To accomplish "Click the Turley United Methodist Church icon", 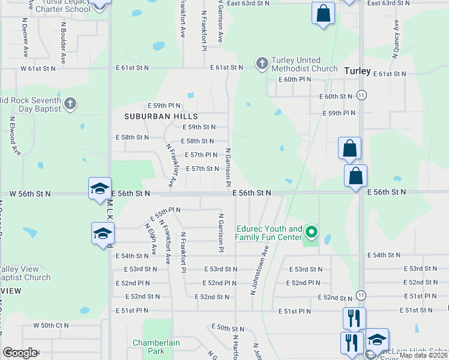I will click(262, 63).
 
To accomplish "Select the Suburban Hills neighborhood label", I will click(152, 115).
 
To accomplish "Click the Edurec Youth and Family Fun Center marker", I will click(311, 231).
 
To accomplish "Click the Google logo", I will click(20, 353).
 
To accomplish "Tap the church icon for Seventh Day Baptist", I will click(70, 104).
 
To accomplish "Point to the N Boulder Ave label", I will click(63, 44).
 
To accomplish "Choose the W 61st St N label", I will click(38, 68).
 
